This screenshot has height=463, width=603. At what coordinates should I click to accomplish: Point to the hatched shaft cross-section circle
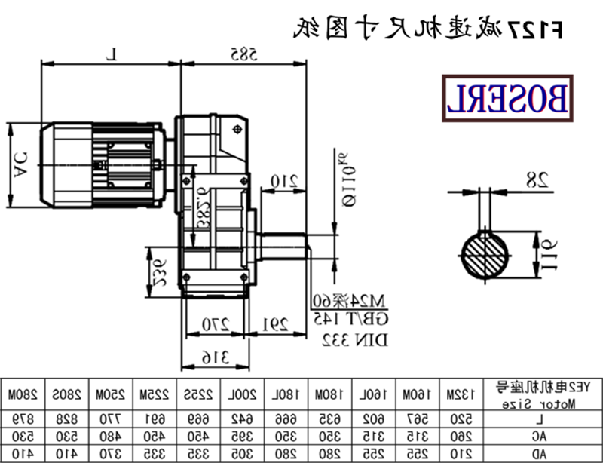486,256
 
